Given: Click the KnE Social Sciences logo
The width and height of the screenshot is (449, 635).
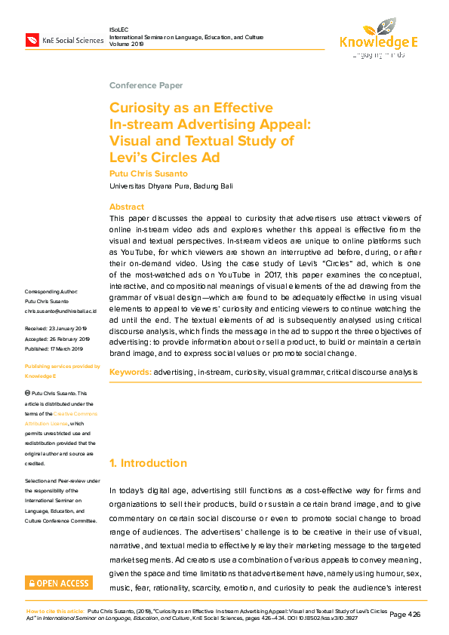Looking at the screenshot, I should tap(63, 39).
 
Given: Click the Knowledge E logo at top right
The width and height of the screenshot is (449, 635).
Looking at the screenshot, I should tap(378, 36).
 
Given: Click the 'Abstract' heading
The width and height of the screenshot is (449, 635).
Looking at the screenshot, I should tap(127, 207).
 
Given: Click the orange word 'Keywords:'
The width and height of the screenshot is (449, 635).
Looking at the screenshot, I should tap(131, 373).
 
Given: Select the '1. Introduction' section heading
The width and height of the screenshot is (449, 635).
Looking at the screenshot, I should tap(149, 463).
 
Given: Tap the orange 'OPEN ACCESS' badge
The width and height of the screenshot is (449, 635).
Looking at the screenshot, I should tap(59, 583).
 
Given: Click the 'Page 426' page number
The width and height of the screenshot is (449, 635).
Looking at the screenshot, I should tap(405, 615).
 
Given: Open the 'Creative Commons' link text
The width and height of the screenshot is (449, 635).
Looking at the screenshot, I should tap(75, 414).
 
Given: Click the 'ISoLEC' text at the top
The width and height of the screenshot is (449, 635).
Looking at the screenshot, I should tap(120, 29).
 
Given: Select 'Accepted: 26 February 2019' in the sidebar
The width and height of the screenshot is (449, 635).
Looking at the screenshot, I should tap(58, 339).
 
